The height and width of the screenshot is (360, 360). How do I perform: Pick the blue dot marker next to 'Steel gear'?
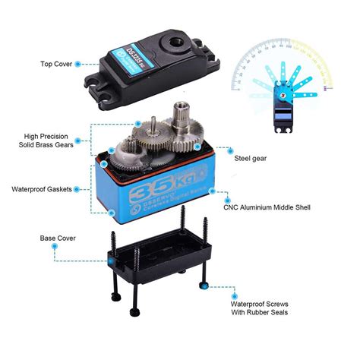coord(197,144)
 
